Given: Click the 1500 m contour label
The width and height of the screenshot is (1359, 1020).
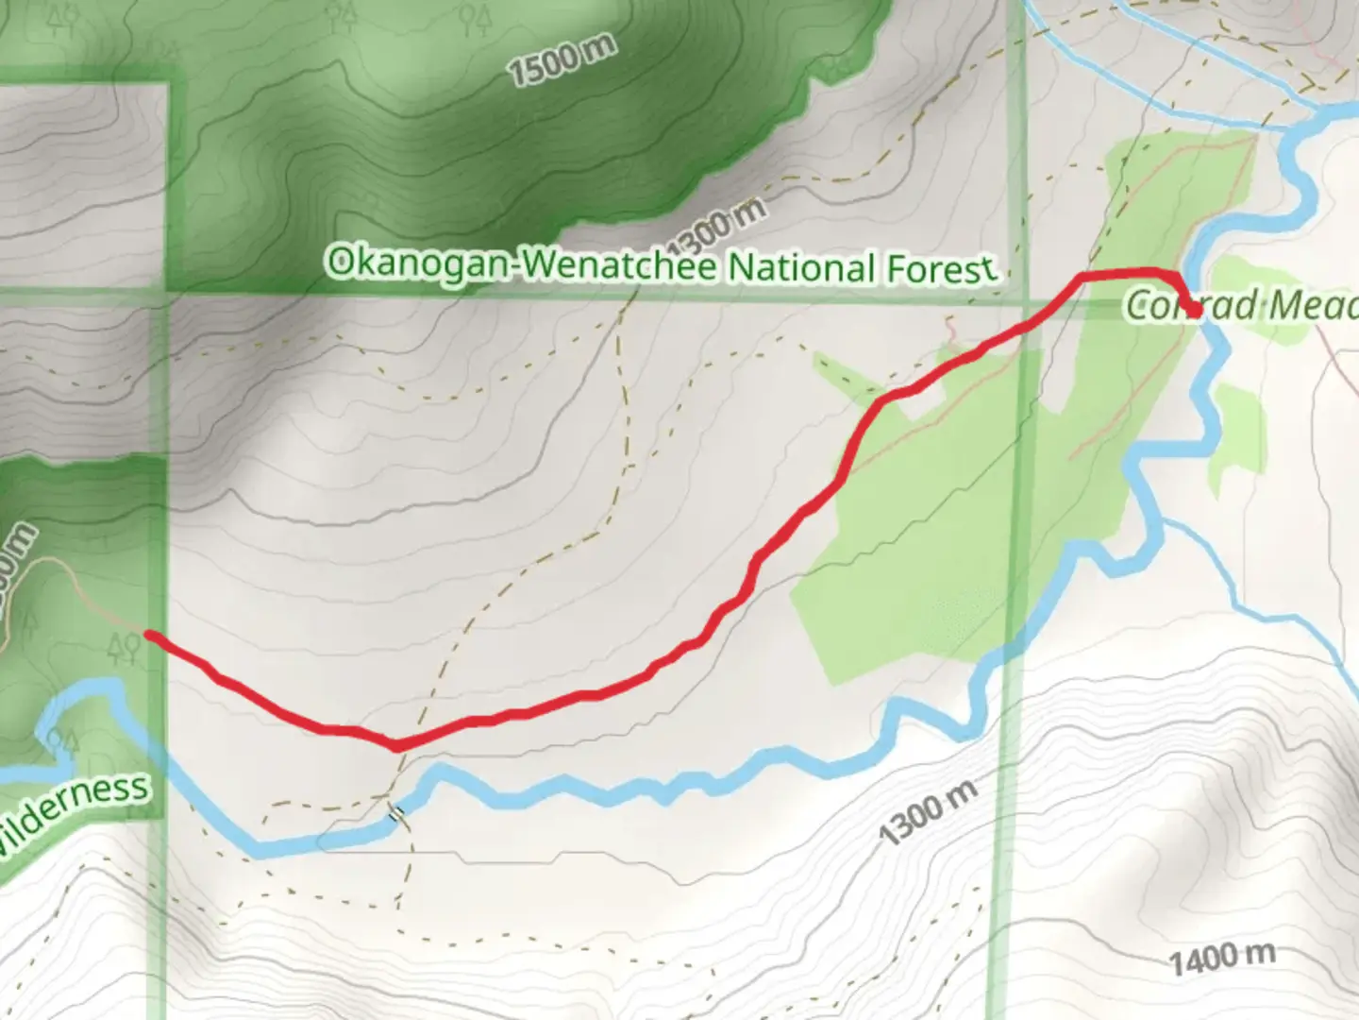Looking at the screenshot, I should point(562,59).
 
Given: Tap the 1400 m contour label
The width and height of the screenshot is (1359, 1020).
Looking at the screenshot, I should point(1222,959).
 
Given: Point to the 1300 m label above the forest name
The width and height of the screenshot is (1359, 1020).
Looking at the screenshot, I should point(722,222).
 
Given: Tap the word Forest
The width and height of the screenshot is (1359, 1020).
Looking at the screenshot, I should point(941,269).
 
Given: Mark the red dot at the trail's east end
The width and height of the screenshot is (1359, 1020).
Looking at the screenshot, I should point(1195,310).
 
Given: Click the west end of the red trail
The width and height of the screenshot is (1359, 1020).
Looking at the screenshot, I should point(149,634).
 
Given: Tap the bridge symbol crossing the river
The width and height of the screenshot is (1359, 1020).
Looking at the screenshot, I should point(398,812).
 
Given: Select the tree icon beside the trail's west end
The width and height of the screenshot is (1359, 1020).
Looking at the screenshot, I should point(124,648).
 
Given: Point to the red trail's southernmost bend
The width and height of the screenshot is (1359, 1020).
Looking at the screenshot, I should point(397,746).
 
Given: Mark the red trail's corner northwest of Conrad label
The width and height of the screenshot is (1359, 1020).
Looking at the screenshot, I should point(1082,277).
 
